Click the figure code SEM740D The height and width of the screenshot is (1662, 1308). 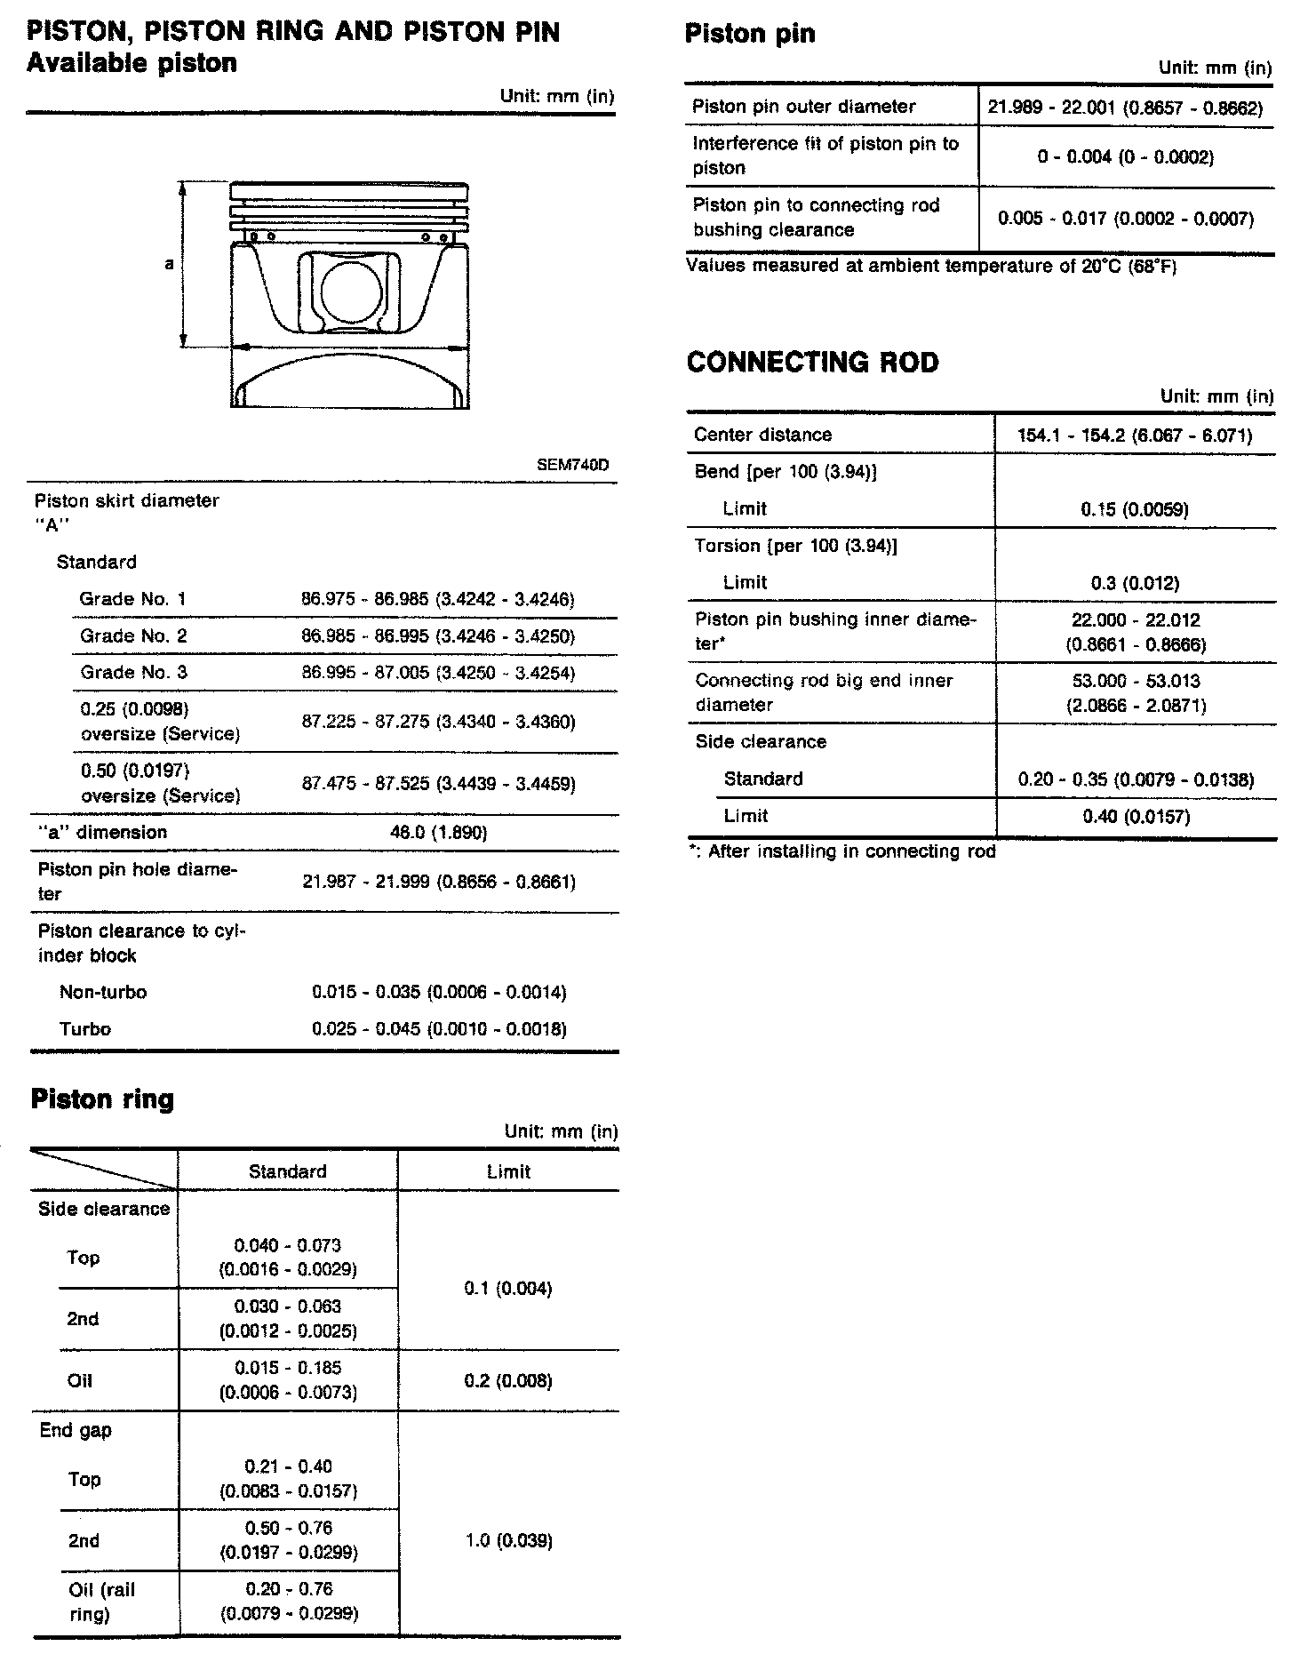click(x=573, y=466)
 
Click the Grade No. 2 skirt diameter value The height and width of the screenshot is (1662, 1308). click(x=438, y=636)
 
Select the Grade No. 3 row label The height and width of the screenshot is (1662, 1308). click(x=133, y=673)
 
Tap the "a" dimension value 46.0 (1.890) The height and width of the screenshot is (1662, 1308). click(x=438, y=833)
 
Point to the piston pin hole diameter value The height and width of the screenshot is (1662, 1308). click(x=439, y=882)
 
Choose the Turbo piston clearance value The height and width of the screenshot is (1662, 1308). click(x=439, y=1029)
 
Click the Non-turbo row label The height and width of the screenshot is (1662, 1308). click(x=103, y=992)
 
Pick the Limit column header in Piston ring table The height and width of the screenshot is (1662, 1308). click(x=508, y=1171)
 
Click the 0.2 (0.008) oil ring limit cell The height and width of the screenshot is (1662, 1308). click(x=508, y=1380)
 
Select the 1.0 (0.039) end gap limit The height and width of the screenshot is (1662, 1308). click(x=509, y=1540)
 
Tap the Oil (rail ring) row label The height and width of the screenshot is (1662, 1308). click(x=101, y=1602)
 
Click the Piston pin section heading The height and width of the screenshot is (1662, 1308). click(x=750, y=34)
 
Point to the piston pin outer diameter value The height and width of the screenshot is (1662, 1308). click(x=1125, y=108)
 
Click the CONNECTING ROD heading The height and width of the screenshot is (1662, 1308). click(x=812, y=363)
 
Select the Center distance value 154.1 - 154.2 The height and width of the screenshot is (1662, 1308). click(x=1135, y=435)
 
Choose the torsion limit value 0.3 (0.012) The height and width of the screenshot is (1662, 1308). click(x=1135, y=583)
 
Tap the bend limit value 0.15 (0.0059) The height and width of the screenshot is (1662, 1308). click(x=1135, y=509)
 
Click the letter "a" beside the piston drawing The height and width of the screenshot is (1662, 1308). click(x=169, y=264)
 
